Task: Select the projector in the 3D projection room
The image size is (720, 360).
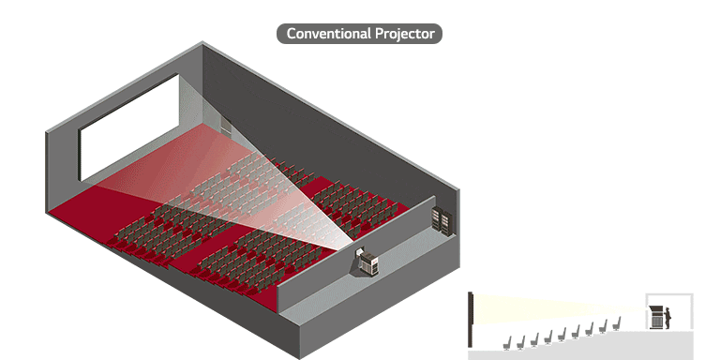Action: [x=368, y=262]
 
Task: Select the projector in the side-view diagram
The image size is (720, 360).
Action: [x=657, y=317]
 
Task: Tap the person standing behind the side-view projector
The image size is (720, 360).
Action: [x=668, y=317]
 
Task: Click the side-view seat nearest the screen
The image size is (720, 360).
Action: [x=507, y=342]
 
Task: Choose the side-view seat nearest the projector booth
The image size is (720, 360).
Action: [x=617, y=324]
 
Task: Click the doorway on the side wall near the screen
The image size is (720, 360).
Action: [x=225, y=126]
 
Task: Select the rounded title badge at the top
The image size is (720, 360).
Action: [x=359, y=34]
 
